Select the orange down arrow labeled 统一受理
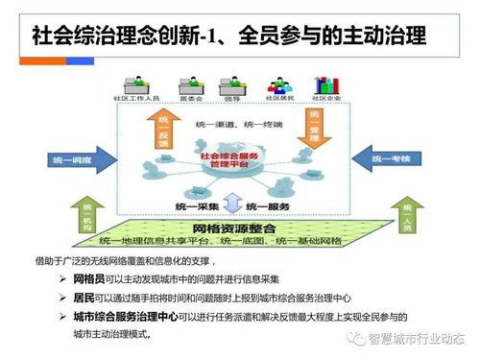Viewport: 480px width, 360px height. pos(310,135)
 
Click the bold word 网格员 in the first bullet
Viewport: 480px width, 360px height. pos(90,278)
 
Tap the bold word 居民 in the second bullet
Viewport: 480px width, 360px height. pos(84,297)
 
